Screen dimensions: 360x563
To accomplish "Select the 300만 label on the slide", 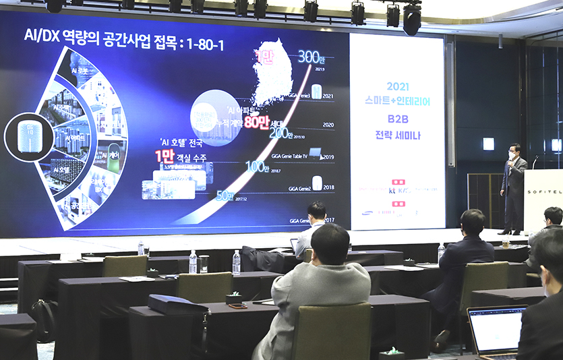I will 312,58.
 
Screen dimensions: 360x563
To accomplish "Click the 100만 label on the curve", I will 257,167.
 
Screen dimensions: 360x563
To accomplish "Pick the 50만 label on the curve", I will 225,196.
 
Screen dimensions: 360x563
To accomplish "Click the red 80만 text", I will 256,122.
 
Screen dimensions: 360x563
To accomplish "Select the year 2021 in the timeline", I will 328,96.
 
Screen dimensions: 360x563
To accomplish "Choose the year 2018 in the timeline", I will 328,187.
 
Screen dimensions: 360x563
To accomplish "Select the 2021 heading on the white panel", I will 398,86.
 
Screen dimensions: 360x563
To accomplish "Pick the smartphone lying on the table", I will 237,306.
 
